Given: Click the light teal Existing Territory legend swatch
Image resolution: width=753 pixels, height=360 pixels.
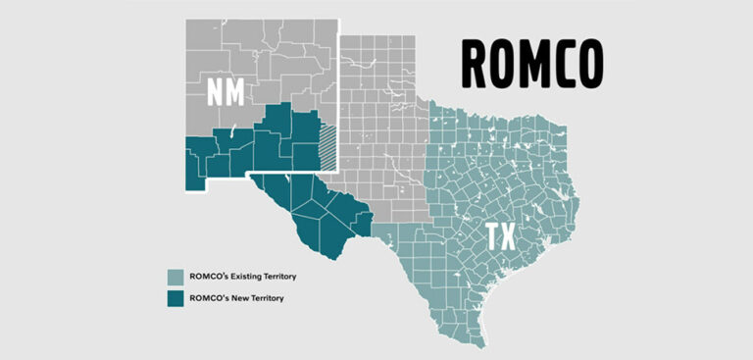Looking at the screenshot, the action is tap(175, 276).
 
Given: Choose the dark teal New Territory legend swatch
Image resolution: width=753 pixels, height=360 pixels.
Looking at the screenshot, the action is tap(175, 297).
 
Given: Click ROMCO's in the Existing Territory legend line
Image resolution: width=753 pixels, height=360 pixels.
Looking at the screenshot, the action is tap(200, 276).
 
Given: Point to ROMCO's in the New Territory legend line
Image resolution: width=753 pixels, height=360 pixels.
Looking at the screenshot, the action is tap(200, 297).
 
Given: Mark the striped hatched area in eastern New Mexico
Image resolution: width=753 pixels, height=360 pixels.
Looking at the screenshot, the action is tap(328, 143).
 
